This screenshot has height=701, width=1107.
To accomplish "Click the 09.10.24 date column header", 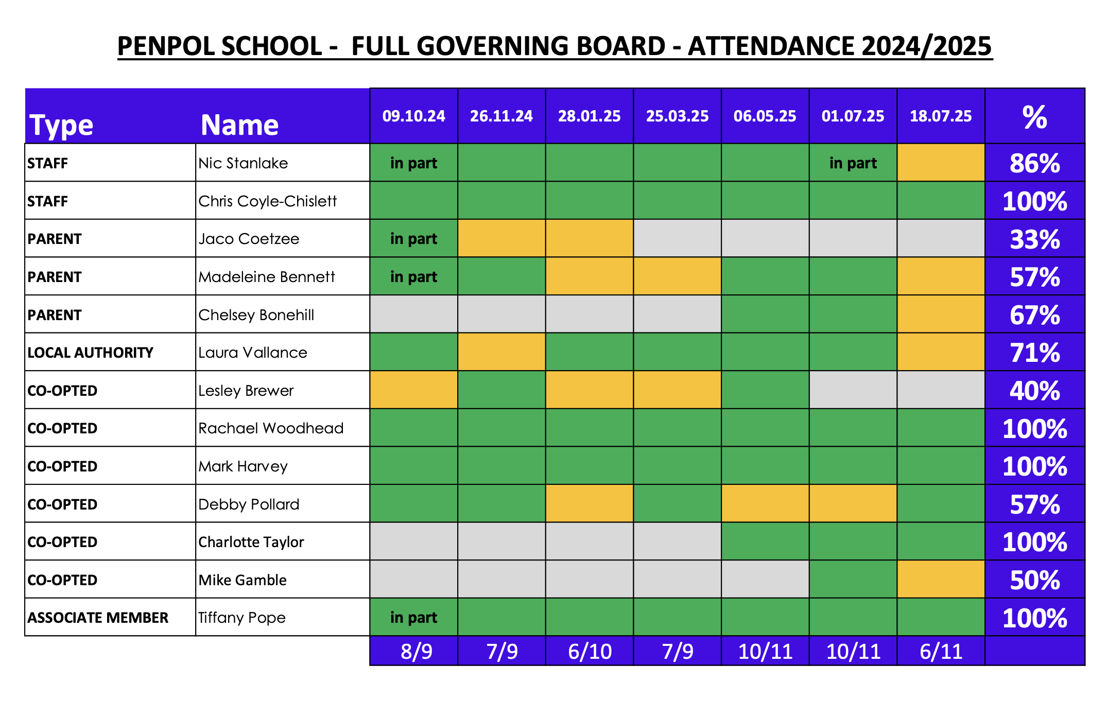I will coord(413,116).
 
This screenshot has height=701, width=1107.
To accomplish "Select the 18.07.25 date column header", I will coord(941,116).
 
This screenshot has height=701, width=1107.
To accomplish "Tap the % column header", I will coord(1034,117).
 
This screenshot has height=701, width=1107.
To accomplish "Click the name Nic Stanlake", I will coord(243,163).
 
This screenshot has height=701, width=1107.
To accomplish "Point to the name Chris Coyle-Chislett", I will coord(267,201).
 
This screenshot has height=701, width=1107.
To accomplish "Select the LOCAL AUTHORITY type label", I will coord(90,353).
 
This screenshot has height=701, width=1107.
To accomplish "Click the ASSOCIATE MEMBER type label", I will coord(98,618).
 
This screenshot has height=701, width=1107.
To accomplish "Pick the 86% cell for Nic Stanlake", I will coord(1034,163).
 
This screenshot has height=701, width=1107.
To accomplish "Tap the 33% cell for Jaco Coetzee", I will coord(1034,239).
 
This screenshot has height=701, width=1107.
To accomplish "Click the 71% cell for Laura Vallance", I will coord(1034,353).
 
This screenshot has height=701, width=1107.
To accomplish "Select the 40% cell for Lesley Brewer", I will coord(1034,391).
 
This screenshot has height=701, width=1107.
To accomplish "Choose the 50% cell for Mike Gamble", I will coord(1034,580).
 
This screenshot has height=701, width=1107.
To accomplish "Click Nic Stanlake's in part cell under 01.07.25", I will coord(853,163).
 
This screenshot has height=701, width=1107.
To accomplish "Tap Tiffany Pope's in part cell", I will coord(413,617).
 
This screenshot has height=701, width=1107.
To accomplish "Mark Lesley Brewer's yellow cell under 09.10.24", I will coord(413,390).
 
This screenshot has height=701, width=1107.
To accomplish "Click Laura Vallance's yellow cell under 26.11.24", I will coord(501,352).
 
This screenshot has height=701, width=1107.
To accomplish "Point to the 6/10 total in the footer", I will coord(590,652).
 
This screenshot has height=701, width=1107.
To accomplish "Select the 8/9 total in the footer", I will coord(416,652).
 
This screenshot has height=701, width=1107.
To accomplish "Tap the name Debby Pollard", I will coord(249,504).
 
